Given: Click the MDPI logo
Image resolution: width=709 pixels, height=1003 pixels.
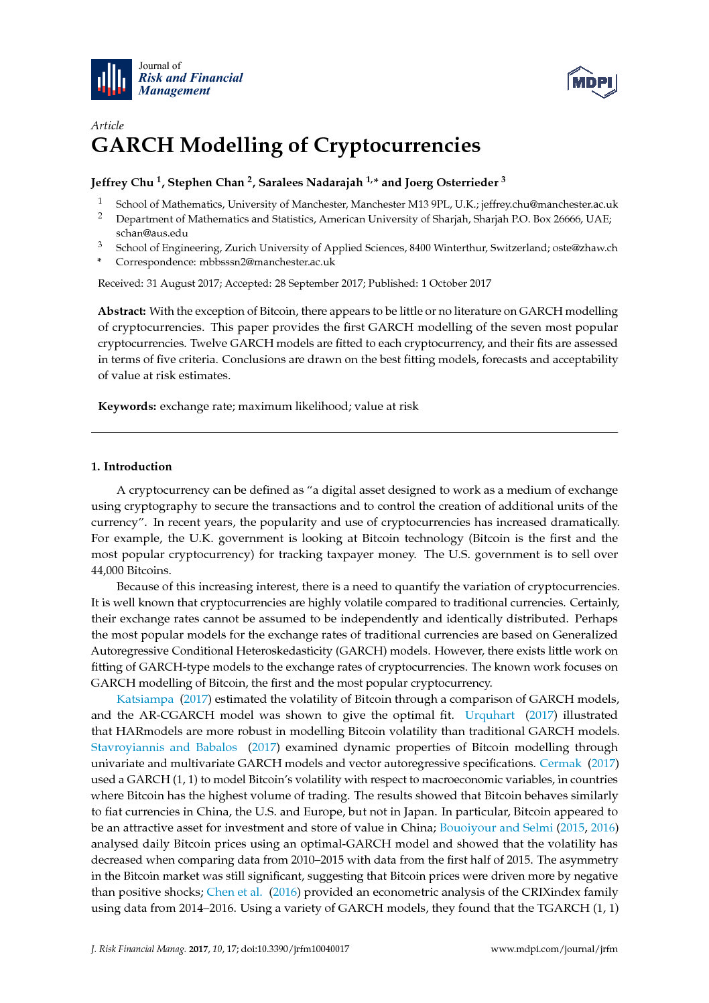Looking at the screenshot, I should click(592, 82).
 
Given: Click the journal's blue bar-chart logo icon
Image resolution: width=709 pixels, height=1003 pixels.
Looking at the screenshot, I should click(111, 79).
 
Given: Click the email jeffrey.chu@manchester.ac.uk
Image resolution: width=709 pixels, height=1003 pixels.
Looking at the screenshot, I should click(550, 204).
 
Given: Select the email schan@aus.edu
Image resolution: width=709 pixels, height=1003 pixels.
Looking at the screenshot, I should click(151, 233).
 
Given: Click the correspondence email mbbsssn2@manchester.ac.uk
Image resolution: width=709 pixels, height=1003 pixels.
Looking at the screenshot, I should click(267, 262).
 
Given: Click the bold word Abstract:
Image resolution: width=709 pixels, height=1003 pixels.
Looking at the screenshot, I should click(122, 311).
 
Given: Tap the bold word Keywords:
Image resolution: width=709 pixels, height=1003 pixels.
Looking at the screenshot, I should click(127, 406).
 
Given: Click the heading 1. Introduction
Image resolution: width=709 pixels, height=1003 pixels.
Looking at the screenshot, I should click(131, 466).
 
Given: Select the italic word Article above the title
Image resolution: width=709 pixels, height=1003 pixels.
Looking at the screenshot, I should click(107, 125).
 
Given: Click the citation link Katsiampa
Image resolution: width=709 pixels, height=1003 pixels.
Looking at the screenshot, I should click(145, 699).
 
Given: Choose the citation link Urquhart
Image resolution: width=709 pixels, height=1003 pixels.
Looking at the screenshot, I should click(490, 715).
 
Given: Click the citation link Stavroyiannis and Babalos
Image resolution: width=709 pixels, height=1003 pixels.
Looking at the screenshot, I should click(164, 747).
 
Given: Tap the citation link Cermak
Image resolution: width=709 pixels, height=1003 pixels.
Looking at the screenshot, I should click(560, 763).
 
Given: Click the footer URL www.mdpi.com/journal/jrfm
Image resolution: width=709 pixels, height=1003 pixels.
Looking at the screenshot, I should click(554, 949).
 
